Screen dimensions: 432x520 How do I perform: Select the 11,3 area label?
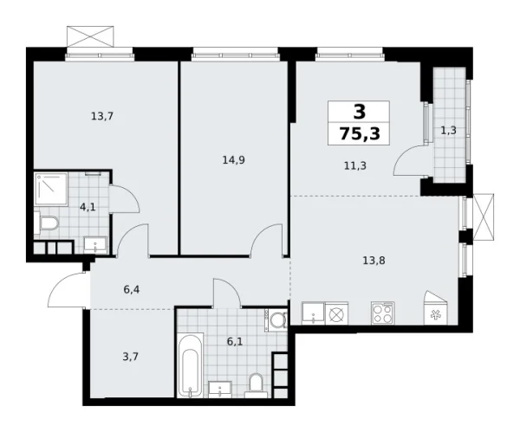click(355, 164)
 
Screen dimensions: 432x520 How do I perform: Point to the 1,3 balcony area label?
click(449, 131)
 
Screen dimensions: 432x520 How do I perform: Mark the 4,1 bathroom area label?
click(88, 207)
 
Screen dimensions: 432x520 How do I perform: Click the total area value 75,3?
click(358, 133)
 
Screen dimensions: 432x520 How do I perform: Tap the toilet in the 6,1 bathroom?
click(257, 382)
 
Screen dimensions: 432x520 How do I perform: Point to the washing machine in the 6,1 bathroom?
click(278, 321)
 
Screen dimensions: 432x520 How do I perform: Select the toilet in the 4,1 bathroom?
click(49, 225)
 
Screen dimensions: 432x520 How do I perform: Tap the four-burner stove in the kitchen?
click(381, 313)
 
